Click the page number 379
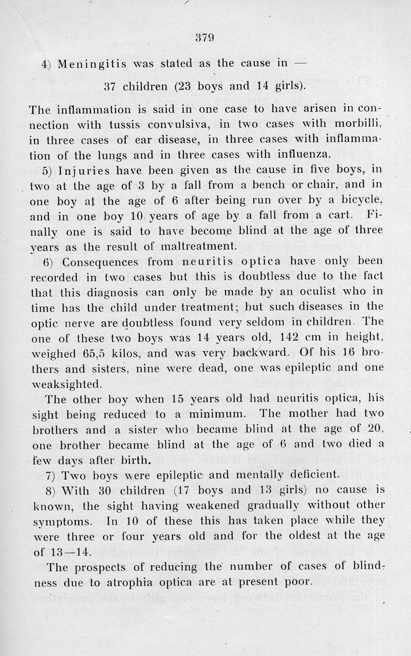[204, 38]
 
